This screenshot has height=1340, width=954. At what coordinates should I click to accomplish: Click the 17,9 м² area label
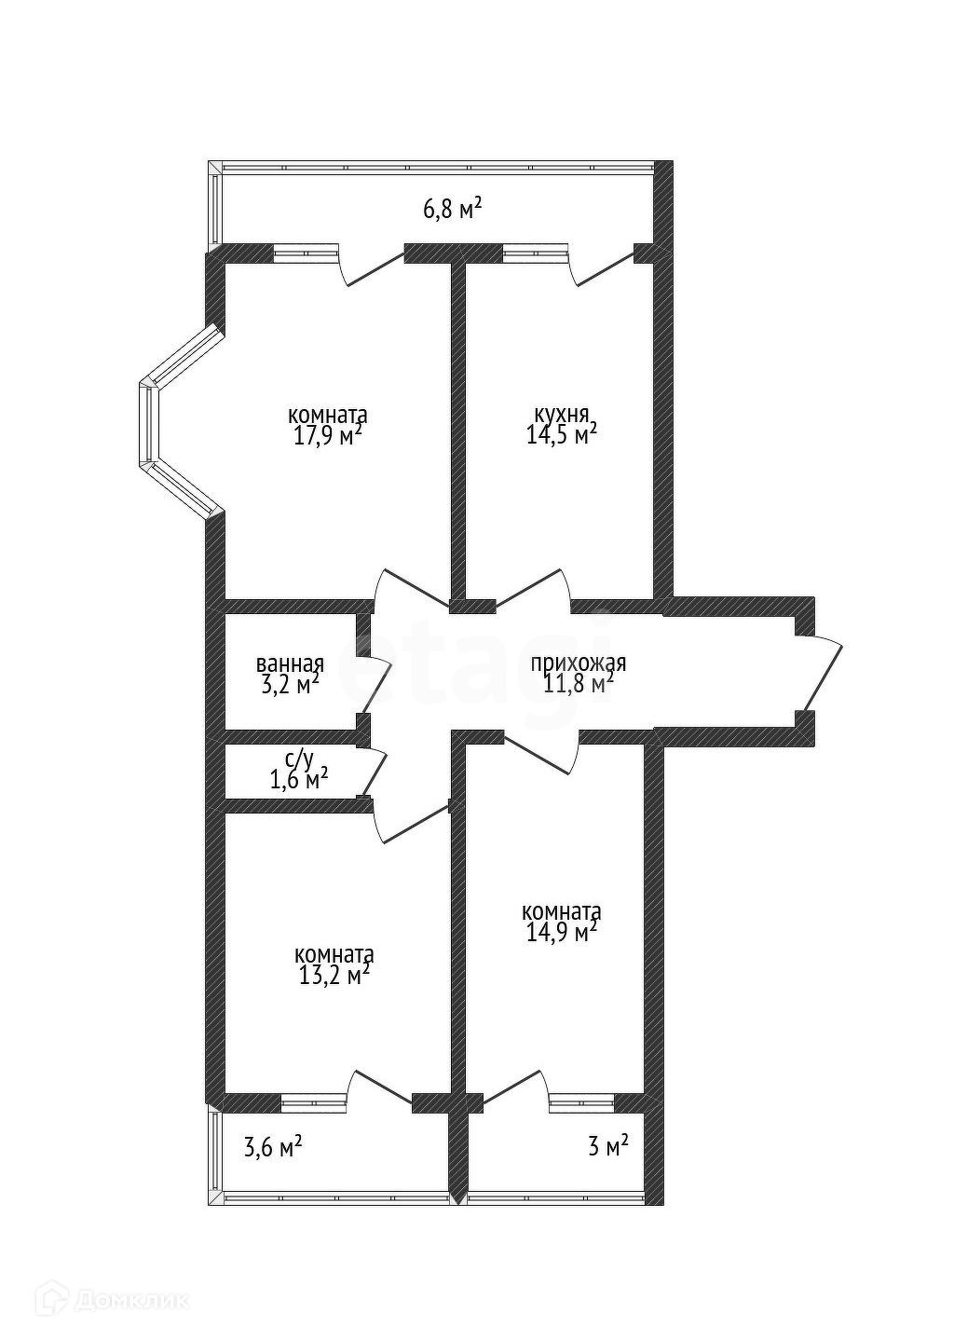click(327, 435)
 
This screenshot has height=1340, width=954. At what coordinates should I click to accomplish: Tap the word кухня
click(561, 414)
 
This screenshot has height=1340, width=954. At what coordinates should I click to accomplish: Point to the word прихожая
click(579, 663)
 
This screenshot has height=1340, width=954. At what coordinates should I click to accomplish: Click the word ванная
click(290, 664)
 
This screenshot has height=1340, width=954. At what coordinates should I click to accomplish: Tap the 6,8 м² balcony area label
click(453, 208)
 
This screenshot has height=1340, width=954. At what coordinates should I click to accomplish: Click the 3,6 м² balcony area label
click(273, 1146)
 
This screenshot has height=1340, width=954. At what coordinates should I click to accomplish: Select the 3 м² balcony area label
click(607, 1146)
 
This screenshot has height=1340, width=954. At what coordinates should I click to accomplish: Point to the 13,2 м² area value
click(333, 976)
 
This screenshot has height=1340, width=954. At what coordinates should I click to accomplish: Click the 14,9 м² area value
click(561, 932)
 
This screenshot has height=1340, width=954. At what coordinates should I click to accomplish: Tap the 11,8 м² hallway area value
click(579, 685)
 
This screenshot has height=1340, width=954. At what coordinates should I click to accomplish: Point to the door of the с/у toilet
click(375, 773)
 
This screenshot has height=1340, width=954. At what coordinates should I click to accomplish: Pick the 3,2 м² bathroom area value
click(290, 686)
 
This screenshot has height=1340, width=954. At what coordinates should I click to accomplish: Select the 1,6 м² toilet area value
click(298, 779)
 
